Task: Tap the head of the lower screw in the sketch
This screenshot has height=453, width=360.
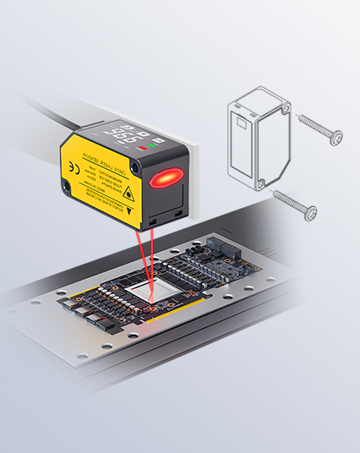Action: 312,210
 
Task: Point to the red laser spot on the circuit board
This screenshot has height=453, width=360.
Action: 150,301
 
